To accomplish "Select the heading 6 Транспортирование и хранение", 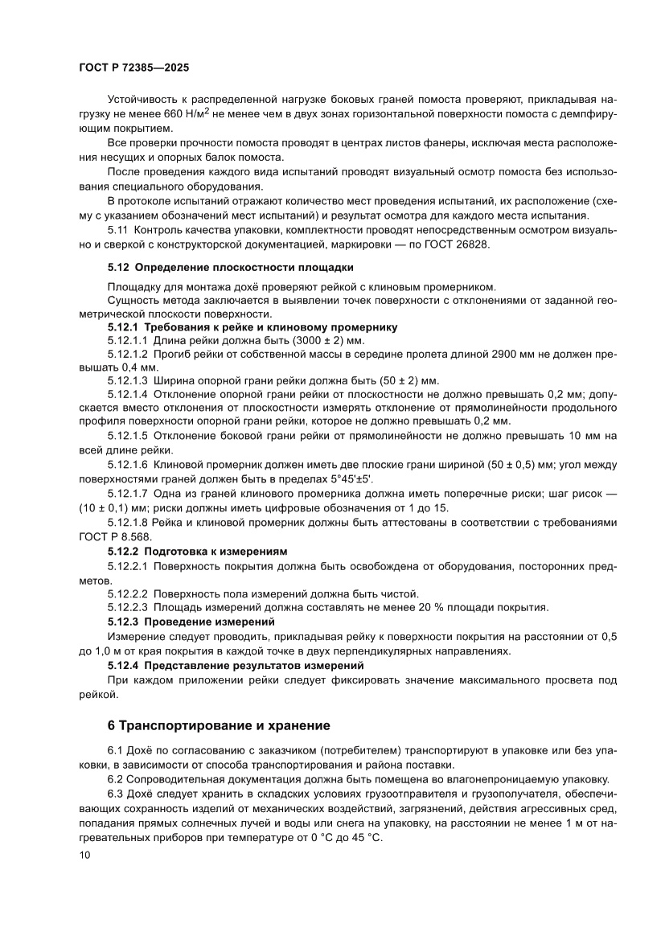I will tap(219, 725).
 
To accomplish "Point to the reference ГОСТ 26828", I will tap(458, 244).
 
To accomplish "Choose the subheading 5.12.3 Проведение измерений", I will tap(191, 622).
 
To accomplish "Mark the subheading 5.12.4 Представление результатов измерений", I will tap(236, 666).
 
